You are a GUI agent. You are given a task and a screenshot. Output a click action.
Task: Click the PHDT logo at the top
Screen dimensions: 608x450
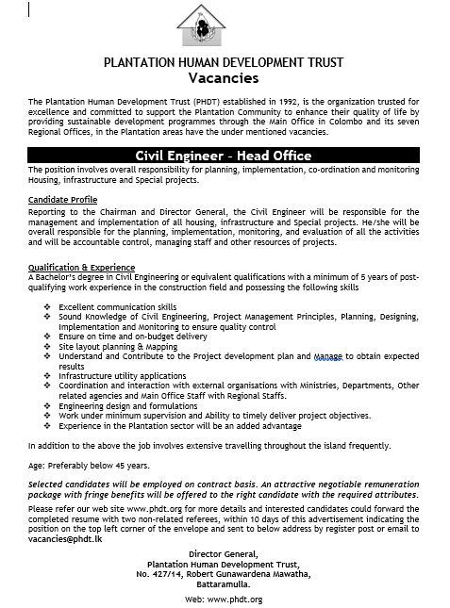point(225,29)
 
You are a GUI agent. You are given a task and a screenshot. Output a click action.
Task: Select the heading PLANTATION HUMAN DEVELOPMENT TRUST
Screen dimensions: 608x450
point(225,63)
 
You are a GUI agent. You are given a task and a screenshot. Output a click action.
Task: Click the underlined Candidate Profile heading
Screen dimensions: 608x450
point(62,202)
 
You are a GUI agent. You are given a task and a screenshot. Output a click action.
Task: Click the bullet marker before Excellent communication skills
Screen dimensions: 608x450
point(47,307)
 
